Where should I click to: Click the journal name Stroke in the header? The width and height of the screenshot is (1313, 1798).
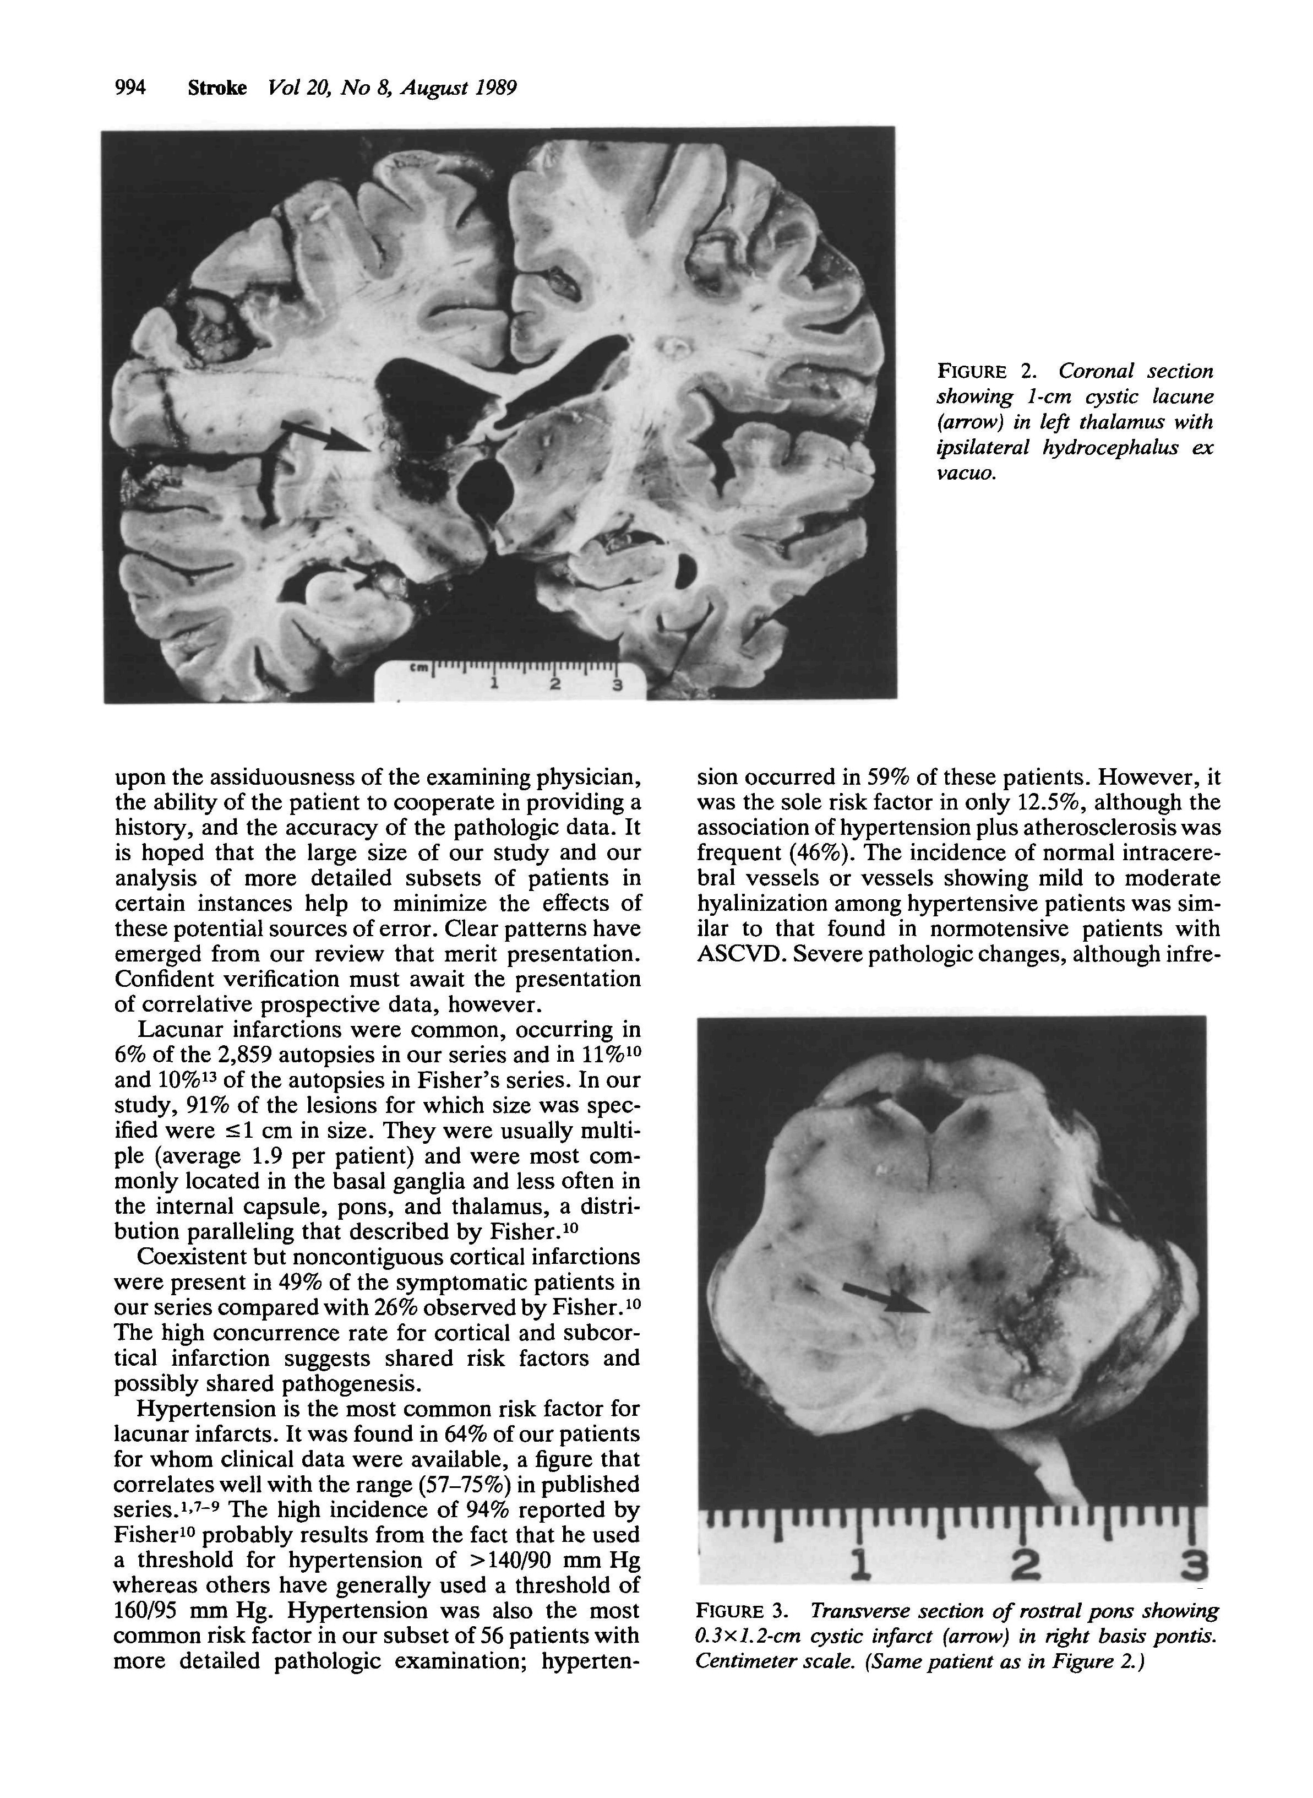[x=217, y=88]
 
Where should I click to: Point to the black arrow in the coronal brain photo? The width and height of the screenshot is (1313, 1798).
[x=326, y=436]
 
